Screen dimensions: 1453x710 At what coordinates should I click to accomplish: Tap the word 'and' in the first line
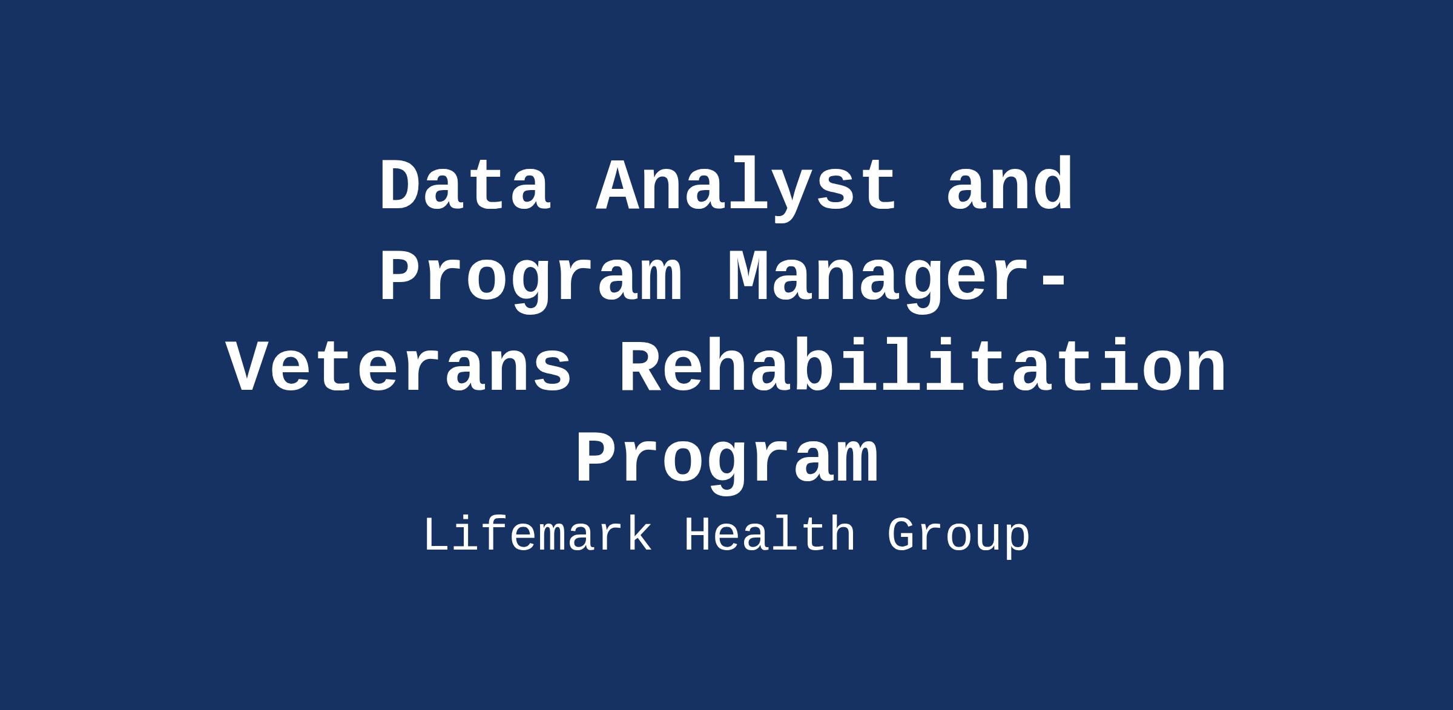click(1009, 185)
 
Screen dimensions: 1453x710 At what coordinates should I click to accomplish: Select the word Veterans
click(400, 367)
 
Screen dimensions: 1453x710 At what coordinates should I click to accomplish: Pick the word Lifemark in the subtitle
click(538, 535)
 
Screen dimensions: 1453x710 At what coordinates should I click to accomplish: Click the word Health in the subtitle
click(769, 535)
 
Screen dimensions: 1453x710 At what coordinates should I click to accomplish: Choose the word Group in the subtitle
click(958, 538)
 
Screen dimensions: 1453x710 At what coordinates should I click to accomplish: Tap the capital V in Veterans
click(249, 367)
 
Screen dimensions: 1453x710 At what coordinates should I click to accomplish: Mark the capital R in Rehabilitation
click(641, 367)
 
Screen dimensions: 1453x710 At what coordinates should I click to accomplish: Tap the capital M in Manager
click(748, 276)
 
